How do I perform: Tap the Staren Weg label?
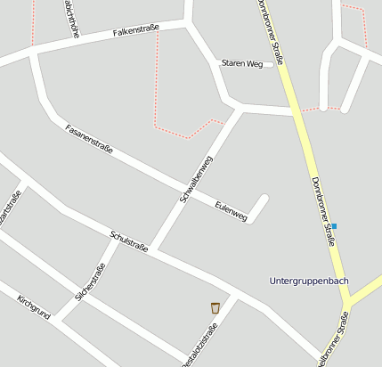pyautogui.click(x=242, y=63)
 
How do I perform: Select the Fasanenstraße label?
pyautogui.click(x=89, y=139)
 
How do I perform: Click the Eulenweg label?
pyautogui.click(x=231, y=210)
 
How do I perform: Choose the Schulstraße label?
pyautogui.click(x=128, y=241)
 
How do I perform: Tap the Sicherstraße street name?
pyautogui.click(x=91, y=282)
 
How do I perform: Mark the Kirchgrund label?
pyautogui.click(x=33, y=305)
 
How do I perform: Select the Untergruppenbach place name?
pyautogui.click(x=308, y=281)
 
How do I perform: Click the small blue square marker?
pyautogui.click(x=334, y=226)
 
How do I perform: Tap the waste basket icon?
pyautogui.click(x=215, y=307)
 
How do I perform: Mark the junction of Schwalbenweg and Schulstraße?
pyautogui.click(x=150, y=249)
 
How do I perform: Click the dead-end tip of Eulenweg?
pyautogui.click(x=264, y=197)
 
